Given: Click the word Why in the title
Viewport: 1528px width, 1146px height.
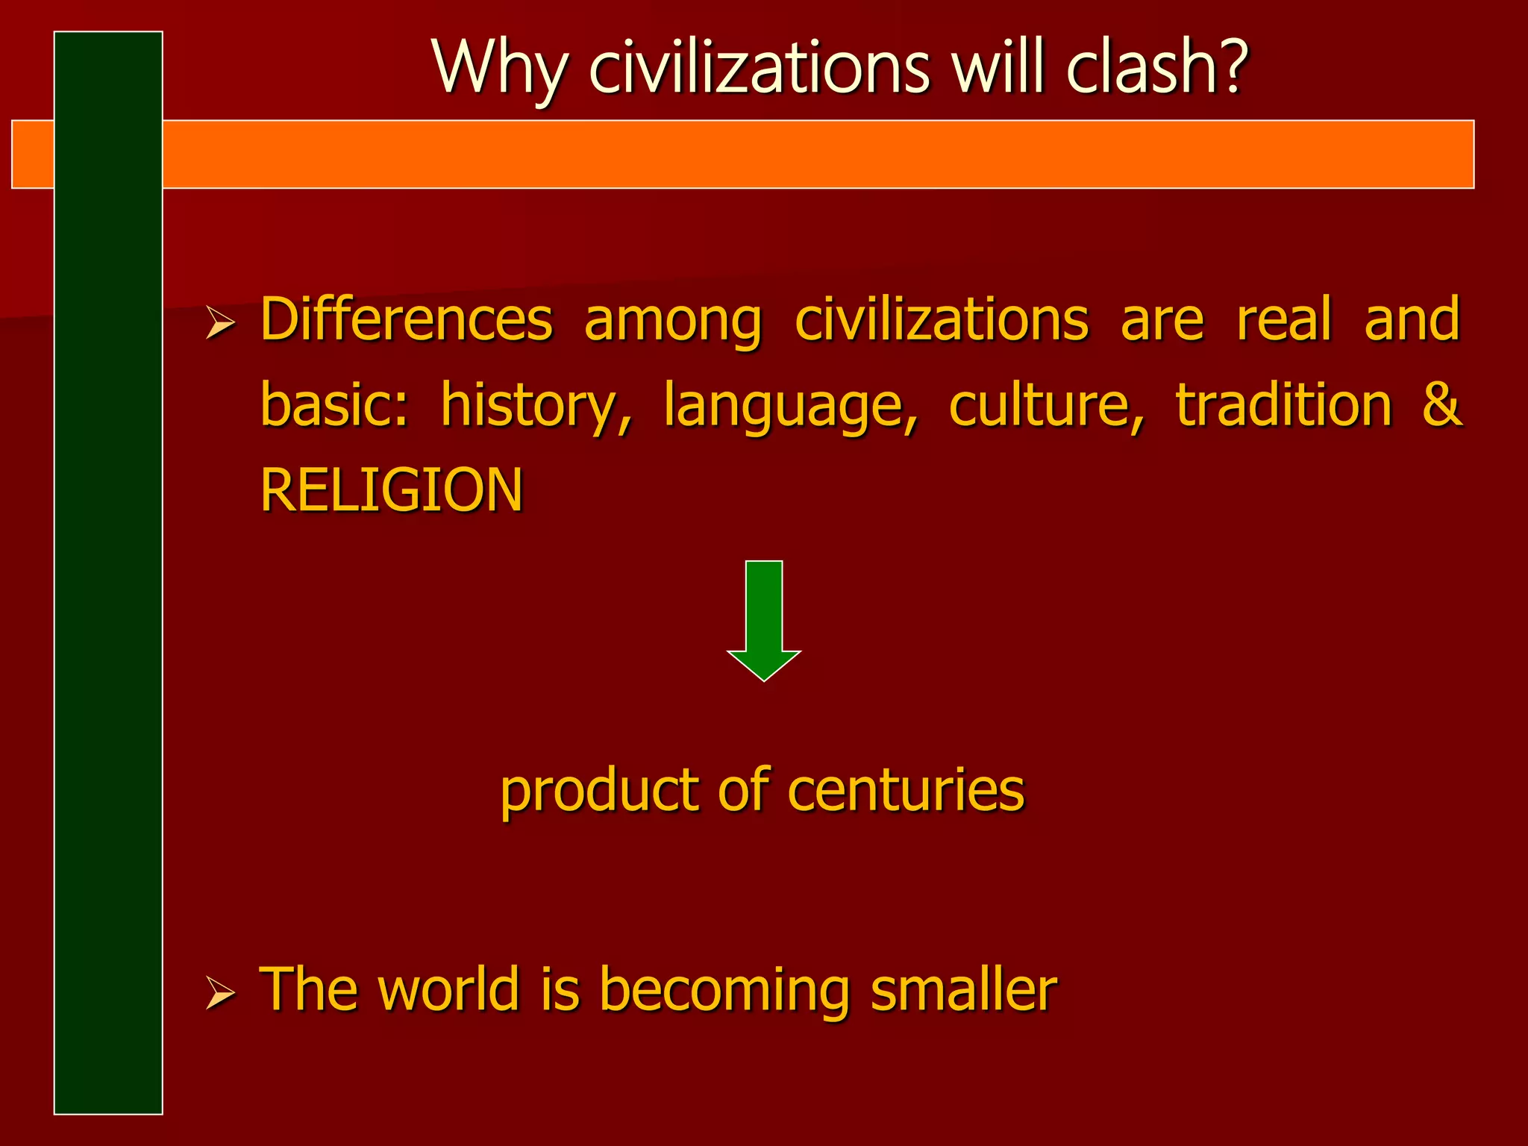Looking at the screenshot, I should pyautogui.click(x=499, y=69).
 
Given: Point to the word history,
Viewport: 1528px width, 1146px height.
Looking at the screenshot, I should pyautogui.click(x=536, y=407).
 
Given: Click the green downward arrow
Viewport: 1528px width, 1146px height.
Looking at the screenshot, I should pyautogui.click(x=764, y=619).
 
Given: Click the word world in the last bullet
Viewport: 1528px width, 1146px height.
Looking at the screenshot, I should pyautogui.click(x=448, y=989).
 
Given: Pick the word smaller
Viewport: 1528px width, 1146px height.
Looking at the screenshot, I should pyautogui.click(x=963, y=989).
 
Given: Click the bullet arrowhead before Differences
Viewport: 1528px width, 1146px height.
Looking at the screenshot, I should pyautogui.click(x=220, y=325).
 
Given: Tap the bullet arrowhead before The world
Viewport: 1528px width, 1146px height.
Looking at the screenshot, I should pyautogui.click(x=220, y=995).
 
